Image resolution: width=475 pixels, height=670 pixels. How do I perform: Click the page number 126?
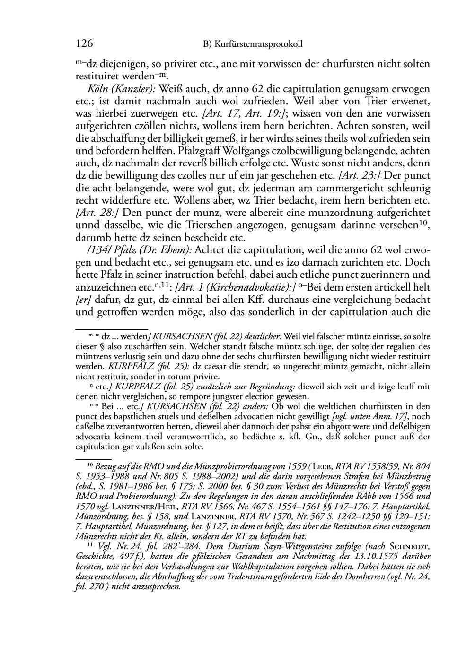tap(84, 44)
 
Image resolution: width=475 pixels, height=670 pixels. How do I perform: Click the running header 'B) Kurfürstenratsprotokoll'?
tap(253, 44)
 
